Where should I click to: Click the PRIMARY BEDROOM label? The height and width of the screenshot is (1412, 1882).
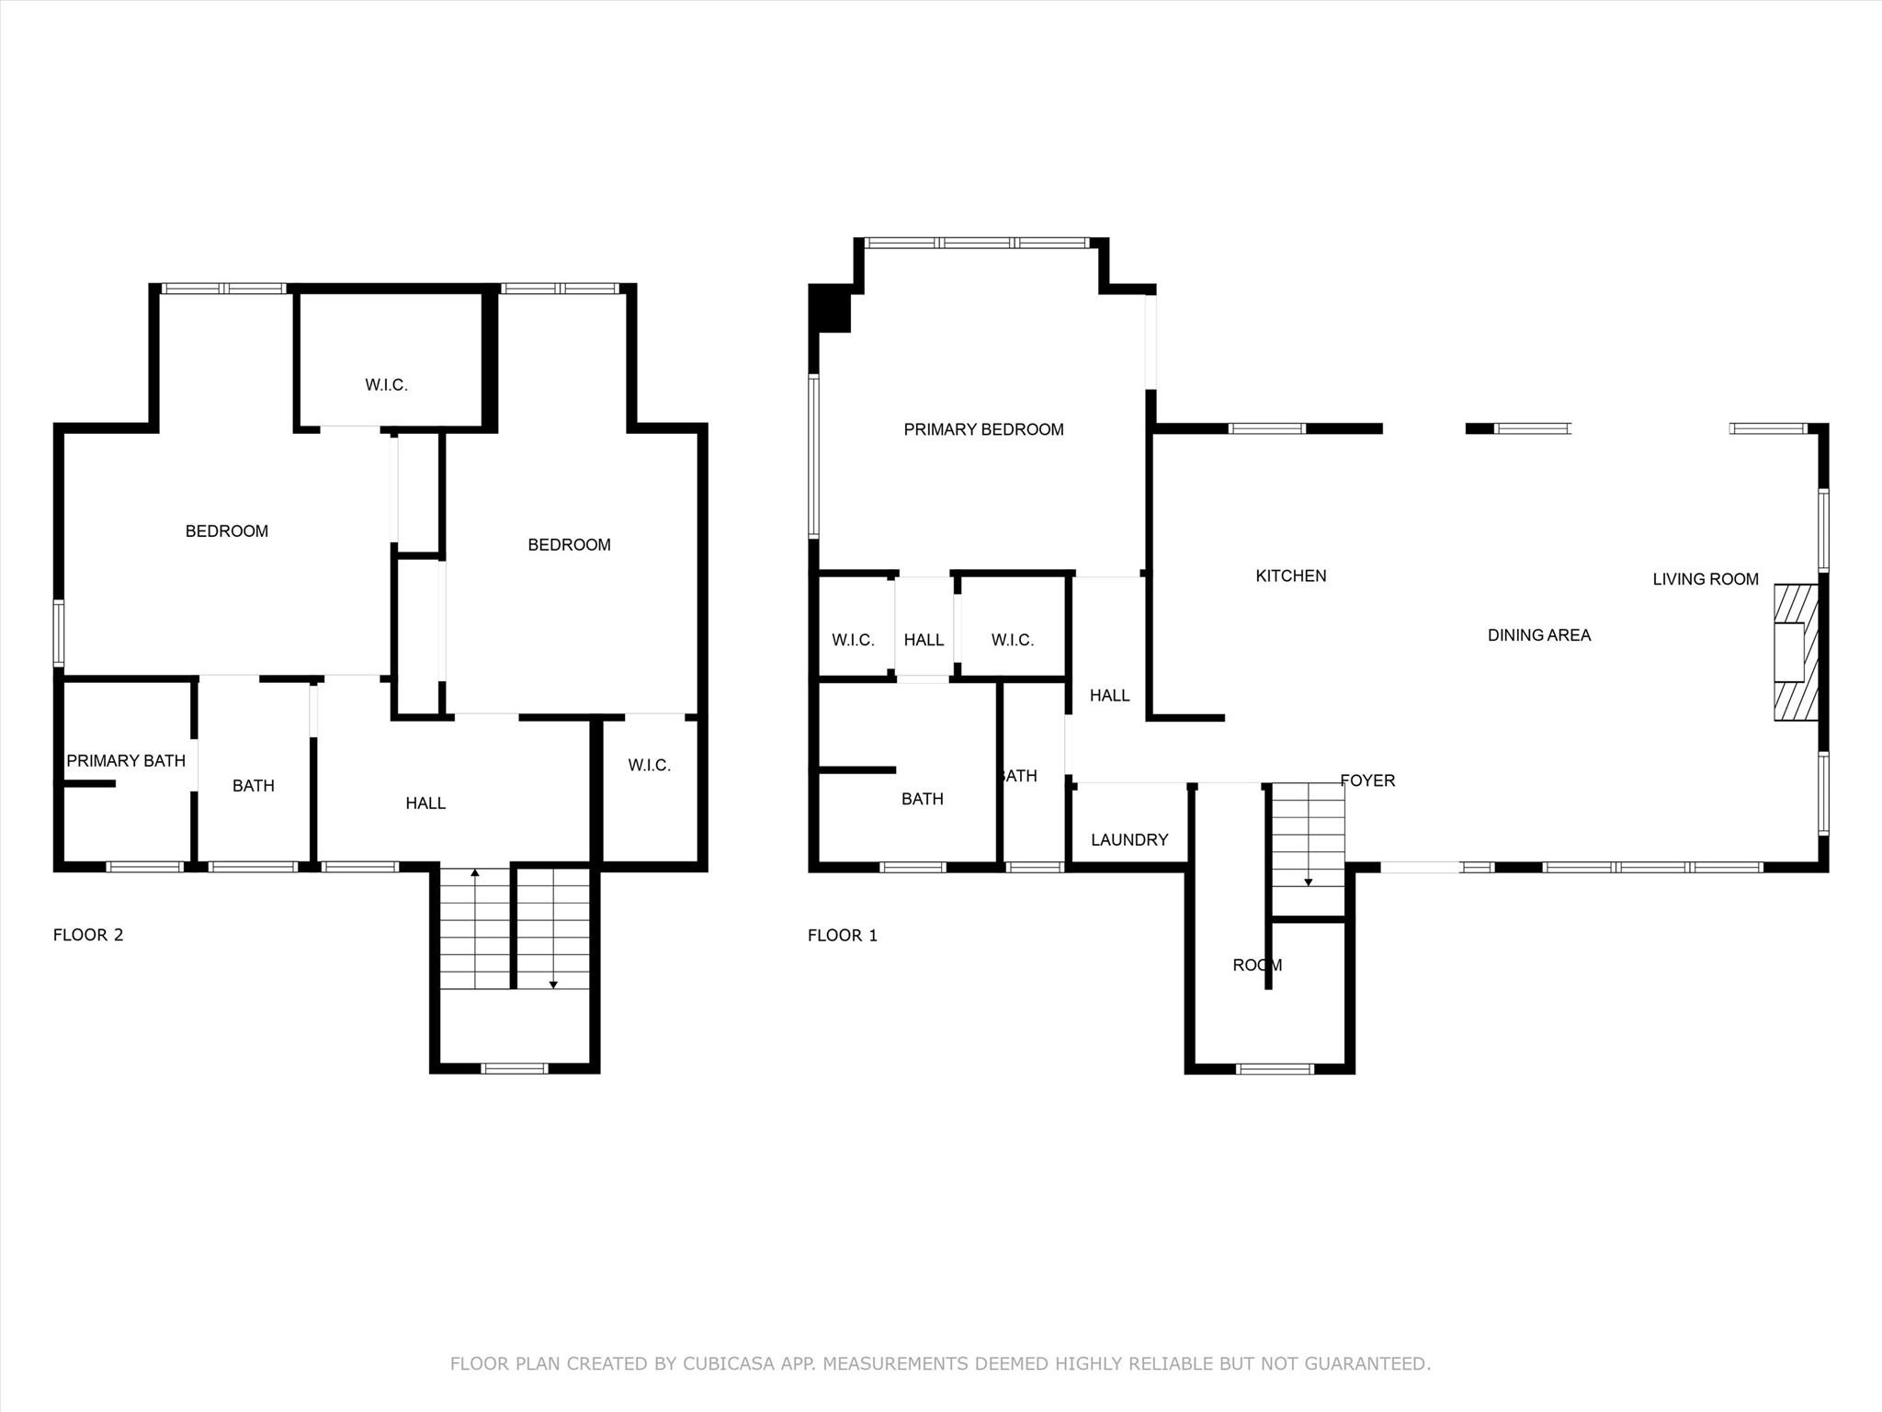983,429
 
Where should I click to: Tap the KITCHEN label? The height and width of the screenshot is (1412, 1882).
1290,575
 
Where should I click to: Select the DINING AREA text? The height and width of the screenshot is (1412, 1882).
1538,634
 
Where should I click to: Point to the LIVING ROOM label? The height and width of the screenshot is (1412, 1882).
1705,579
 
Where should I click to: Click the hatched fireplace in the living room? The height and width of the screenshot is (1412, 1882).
1796,652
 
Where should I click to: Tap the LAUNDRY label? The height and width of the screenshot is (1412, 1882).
1129,839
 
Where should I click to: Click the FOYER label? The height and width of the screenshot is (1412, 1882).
1367,780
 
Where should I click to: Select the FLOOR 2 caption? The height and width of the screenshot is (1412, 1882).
88,935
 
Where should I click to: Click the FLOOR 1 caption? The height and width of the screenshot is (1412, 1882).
842,936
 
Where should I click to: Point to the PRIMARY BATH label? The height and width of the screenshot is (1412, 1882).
126,760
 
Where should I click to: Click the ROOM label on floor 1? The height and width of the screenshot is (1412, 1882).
1256,965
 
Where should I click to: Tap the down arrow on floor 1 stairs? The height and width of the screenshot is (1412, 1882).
1308,882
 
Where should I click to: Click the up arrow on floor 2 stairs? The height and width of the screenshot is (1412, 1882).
474,871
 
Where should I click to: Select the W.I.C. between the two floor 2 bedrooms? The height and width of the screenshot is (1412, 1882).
386,385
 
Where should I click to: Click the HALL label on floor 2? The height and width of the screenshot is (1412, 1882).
425,803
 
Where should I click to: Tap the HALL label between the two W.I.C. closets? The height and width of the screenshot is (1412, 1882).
924,640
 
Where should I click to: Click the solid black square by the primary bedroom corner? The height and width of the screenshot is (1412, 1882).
830,308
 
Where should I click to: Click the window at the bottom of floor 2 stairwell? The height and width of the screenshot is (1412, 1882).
515,1068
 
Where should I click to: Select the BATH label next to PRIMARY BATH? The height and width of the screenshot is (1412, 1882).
253,786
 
